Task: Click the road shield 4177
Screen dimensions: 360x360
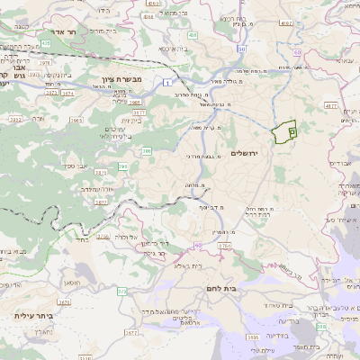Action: point(330,105)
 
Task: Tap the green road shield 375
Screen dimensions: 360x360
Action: point(121,291)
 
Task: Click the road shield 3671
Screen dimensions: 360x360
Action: point(132,332)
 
